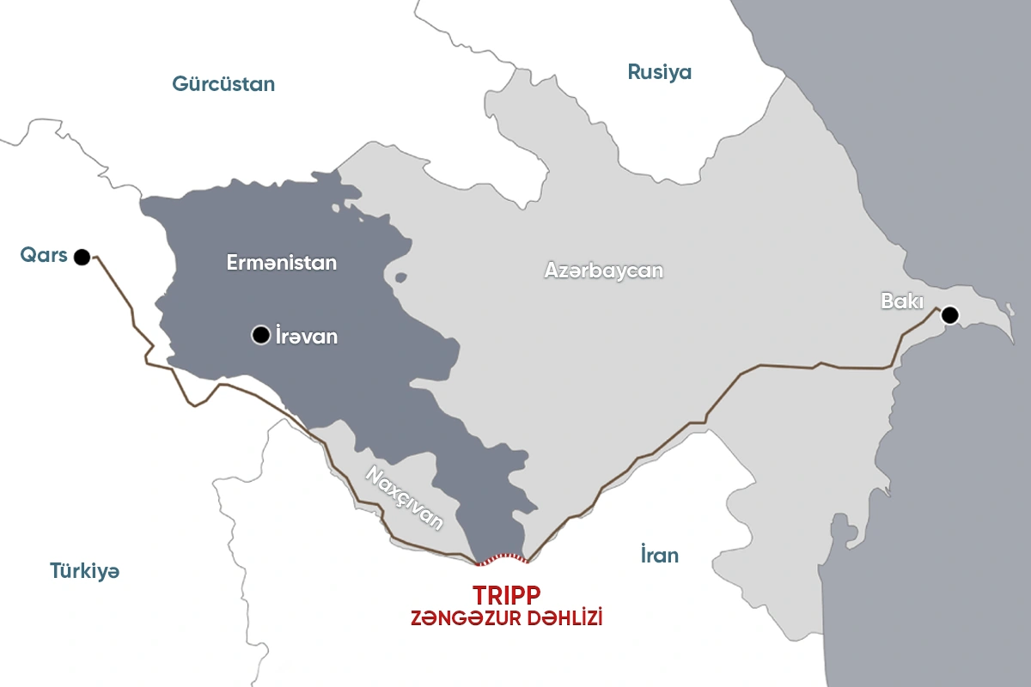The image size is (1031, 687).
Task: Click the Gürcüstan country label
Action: (x=223, y=84)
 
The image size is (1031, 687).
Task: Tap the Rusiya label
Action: (x=659, y=72)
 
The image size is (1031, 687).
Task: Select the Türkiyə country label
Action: (x=84, y=571)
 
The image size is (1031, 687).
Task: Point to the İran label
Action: (x=659, y=555)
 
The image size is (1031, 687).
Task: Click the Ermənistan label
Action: (x=282, y=263)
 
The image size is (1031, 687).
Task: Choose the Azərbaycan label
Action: (x=604, y=270)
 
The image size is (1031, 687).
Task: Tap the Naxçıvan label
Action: (x=405, y=498)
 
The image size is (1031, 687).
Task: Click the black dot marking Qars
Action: (x=82, y=256)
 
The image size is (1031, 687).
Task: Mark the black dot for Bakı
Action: (x=949, y=315)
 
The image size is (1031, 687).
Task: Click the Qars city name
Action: (x=44, y=256)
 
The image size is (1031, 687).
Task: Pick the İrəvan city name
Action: (x=306, y=337)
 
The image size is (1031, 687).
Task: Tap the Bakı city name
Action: (x=902, y=301)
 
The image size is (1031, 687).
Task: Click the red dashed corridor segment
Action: (x=503, y=559)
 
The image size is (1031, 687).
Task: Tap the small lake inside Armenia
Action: (x=400, y=277)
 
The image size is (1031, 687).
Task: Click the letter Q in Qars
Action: (x=28, y=256)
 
